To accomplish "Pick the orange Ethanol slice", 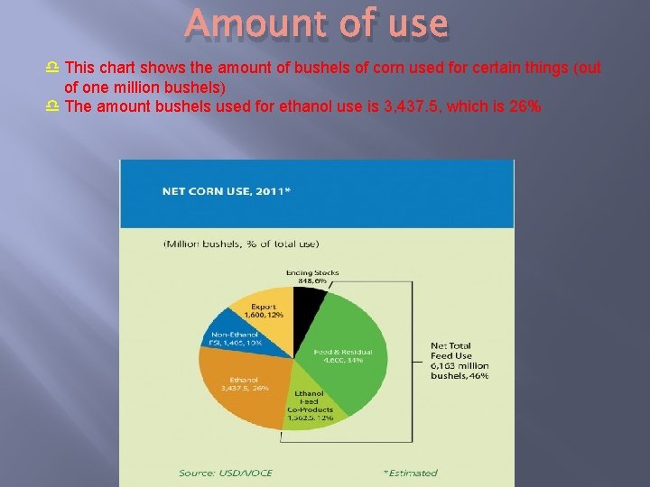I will pyautogui.click(x=237, y=383).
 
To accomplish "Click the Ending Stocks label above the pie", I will pyautogui.click(x=311, y=272).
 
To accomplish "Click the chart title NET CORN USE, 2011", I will pyautogui.click(x=226, y=190).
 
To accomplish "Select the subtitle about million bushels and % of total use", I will pyautogui.click(x=240, y=243).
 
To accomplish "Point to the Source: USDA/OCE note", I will pyautogui.click(x=225, y=473).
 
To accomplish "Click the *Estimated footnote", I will pyautogui.click(x=410, y=473).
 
